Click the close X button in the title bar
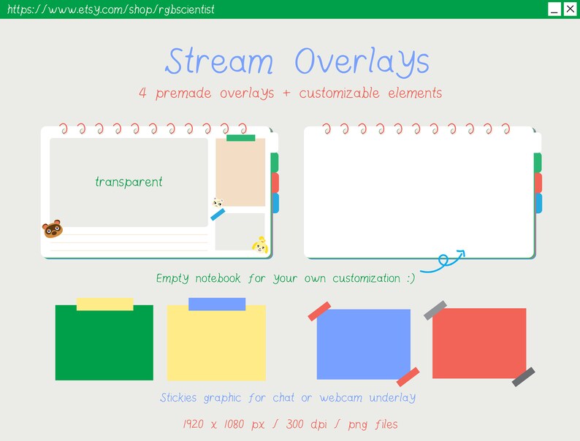point(571,9)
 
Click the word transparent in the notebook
point(129,182)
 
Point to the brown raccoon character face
point(53,230)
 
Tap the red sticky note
point(479,343)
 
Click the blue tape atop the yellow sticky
point(217,304)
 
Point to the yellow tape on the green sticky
point(105,304)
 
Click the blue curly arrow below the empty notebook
point(444,261)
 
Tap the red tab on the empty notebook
point(538,183)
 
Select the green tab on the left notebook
point(275,162)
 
